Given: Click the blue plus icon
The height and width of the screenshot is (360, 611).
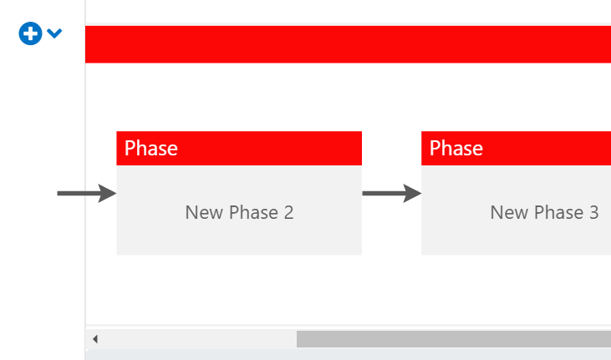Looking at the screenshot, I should (30, 34).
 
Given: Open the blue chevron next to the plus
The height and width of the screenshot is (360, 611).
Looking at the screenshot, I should (54, 34).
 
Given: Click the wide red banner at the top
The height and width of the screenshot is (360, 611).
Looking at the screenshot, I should (348, 44).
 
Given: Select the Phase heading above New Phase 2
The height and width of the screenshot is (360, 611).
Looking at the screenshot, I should (151, 149).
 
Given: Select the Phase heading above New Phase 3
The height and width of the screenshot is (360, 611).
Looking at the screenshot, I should (456, 149).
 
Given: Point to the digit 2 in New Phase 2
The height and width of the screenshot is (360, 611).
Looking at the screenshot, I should (288, 212).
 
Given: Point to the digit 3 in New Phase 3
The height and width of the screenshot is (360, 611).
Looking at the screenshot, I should (593, 212).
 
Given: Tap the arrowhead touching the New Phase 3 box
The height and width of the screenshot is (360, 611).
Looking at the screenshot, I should (413, 193).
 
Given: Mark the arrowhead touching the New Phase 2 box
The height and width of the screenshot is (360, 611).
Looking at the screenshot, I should (108, 193).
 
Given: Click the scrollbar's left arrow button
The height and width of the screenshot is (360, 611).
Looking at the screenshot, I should (94, 339).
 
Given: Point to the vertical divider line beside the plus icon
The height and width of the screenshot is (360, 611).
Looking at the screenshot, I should (85, 167).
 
